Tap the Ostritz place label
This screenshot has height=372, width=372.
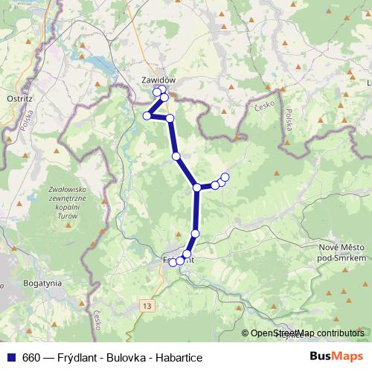point(16,97)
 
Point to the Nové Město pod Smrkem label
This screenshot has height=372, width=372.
point(342,251)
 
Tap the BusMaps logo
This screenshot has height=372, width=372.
point(335,357)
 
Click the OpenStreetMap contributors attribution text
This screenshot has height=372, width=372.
point(307,333)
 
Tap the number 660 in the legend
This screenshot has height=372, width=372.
point(33,358)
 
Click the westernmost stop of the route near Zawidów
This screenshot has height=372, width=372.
point(147,115)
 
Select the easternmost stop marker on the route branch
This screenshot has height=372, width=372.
point(225,176)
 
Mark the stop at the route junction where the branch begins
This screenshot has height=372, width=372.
point(197,187)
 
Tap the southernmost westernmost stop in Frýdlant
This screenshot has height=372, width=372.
point(173,262)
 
